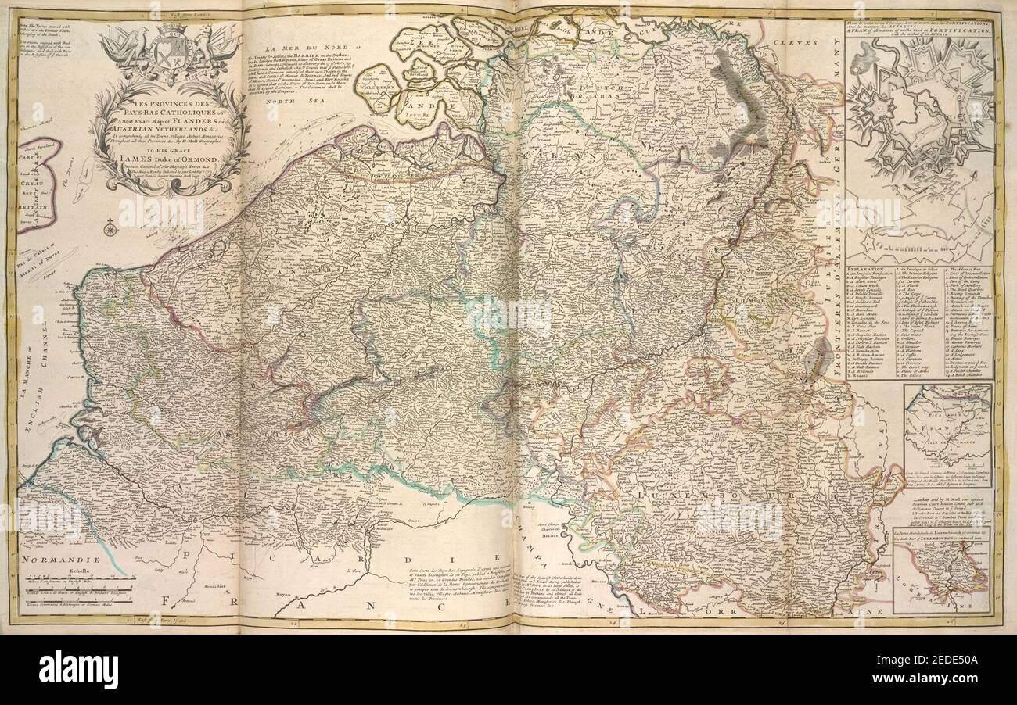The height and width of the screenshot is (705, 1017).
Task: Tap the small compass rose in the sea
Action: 110,229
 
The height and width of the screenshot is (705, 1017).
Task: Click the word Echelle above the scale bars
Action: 49,570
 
